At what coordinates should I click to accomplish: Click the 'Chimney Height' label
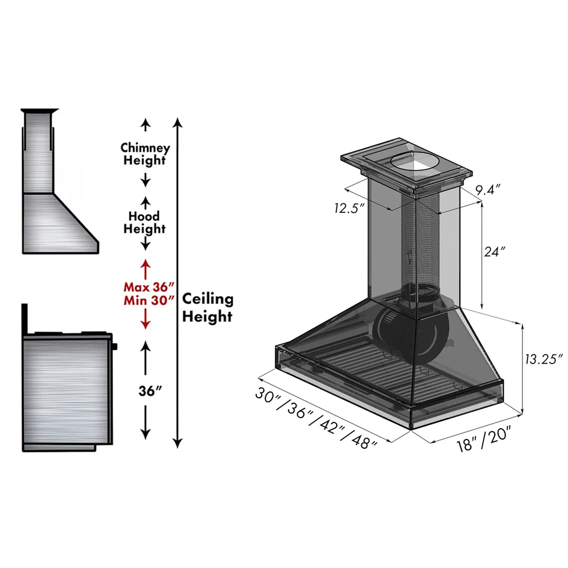pyautogui.click(x=145, y=154)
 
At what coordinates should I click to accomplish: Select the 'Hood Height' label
pyautogui.click(x=145, y=223)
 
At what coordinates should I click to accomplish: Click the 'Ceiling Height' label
pyautogui.click(x=207, y=308)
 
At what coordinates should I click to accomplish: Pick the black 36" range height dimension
pyautogui.click(x=145, y=391)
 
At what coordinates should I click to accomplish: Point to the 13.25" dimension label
pyautogui.click(x=542, y=359)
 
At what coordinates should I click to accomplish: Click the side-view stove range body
pyautogui.click(x=65, y=392)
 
